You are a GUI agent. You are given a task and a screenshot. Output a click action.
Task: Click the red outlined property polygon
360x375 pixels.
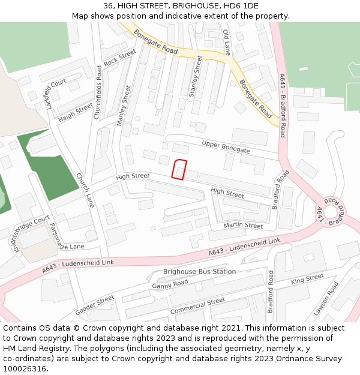coord(179,170)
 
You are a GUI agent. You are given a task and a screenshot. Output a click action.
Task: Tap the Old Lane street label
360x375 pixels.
coord(226,41)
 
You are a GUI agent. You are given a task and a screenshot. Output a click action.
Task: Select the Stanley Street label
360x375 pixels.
coord(196,76)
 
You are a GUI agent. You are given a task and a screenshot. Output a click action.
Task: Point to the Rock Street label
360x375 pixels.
coord(120,58)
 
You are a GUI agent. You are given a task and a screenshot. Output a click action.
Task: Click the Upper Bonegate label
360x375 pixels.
coord(226,146)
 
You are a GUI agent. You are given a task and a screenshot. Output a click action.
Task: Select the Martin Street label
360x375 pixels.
coord(243,226)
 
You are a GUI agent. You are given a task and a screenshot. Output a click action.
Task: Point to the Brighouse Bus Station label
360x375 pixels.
coord(199,271)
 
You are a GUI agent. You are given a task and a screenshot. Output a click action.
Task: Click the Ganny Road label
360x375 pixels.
coord(170,284)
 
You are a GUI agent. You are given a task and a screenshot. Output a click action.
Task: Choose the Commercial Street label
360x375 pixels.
coord(197,306)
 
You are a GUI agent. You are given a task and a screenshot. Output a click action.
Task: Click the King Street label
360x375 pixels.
coord(307,279)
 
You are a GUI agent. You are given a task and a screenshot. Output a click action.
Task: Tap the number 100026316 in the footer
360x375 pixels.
coord(24,368)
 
